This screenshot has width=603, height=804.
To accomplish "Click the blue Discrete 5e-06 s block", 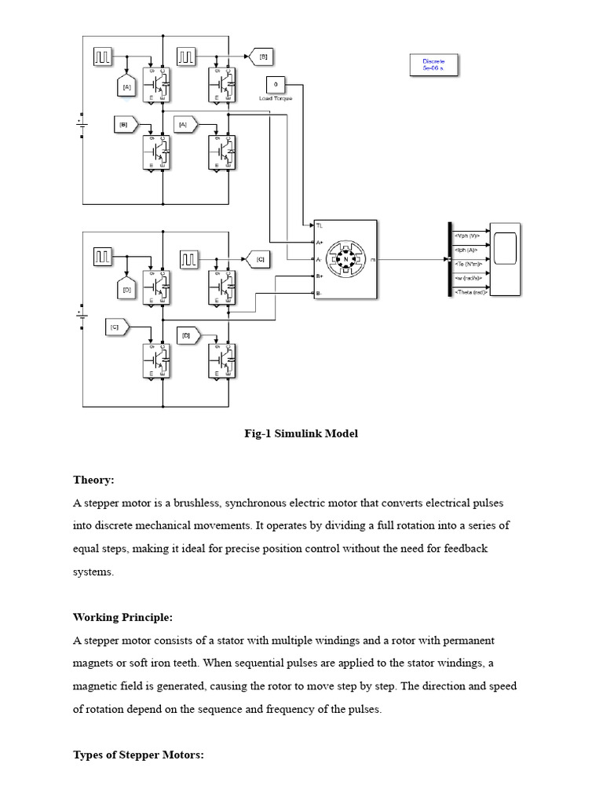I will (x=433, y=65).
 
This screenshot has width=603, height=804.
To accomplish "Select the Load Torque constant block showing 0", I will (x=275, y=85).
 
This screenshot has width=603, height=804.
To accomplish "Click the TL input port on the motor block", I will (x=319, y=225).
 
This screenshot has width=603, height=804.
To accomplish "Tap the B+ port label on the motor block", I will (x=320, y=276).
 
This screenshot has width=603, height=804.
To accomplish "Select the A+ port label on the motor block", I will (x=320, y=242).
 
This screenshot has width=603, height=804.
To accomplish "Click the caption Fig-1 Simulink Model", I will (x=301, y=433).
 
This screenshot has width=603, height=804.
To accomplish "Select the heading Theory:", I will (x=93, y=480).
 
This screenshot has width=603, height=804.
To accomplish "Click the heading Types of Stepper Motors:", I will (x=138, y=755).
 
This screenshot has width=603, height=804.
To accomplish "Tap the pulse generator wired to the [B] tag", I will (x=186, y=57).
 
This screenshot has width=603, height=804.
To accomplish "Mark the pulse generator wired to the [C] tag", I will (x=190, y=258).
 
